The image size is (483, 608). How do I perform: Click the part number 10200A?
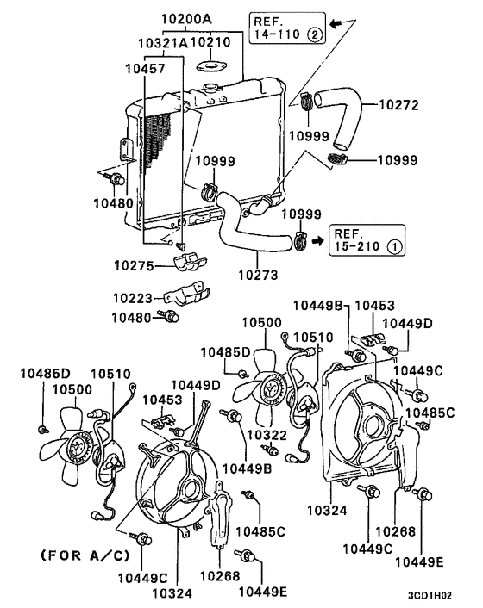(x=186, y=17)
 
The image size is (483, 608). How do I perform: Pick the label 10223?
(x=134, y=298)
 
